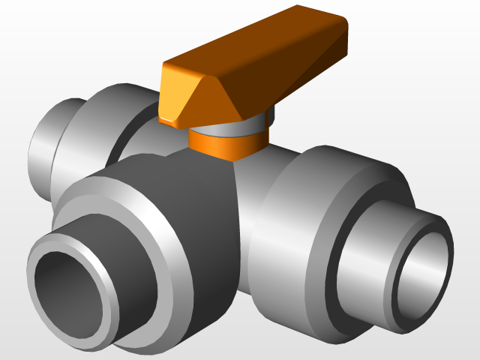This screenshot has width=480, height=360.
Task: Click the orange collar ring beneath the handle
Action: pos(225,142)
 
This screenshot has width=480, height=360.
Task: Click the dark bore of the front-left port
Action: pos(67,289)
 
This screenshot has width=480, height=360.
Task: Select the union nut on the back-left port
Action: pos(90,127)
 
